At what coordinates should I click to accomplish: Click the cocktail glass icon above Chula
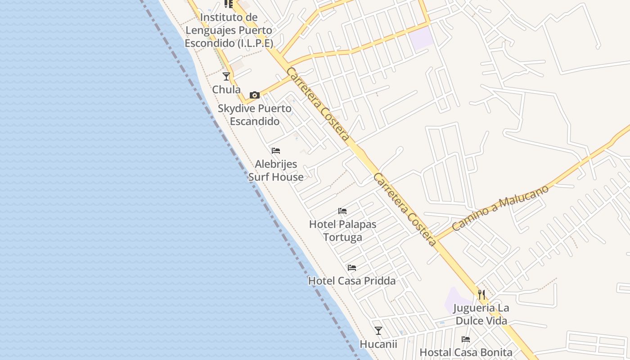point(226,76)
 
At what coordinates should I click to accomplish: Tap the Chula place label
point(226,90)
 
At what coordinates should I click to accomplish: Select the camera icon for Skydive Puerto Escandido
point(255,95)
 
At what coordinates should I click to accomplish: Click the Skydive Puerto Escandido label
point(255,115)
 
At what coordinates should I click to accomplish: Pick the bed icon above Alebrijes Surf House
point(276,151)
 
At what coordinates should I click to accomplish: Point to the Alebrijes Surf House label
point(276,170)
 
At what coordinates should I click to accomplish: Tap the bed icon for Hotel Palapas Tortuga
point(342,211)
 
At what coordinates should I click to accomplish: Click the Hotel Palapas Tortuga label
point(343,230)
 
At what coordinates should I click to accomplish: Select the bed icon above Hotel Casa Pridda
point(352,268)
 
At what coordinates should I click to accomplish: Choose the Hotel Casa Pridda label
point(352,281)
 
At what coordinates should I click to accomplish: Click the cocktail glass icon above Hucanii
point(378,331)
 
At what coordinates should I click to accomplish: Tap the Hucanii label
point(378,344)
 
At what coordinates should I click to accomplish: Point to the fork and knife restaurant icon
point(481,295)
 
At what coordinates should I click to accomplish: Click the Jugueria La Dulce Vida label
point(481,315)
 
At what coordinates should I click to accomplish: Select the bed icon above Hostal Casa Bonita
point(466,339)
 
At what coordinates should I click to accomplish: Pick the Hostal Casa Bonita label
point(466,352)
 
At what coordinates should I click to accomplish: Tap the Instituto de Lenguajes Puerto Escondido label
point(229,30)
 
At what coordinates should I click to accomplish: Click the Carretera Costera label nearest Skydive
point(318,104)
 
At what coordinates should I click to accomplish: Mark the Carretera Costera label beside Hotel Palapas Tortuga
point(405,210)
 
